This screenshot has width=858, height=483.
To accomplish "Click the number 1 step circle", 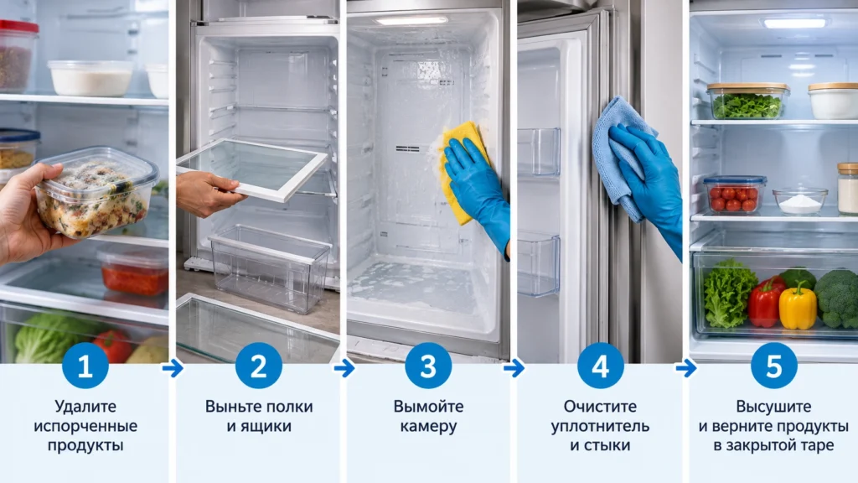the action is tap(85, 366).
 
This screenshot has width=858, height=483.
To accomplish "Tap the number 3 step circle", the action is tap(428, 366).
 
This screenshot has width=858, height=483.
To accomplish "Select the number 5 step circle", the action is tap(773, 366).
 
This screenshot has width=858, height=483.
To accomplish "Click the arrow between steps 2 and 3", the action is tap(344, 368).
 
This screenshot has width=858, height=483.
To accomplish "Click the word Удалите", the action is tap(85, 407).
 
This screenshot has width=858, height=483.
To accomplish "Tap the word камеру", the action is tap(428, 427).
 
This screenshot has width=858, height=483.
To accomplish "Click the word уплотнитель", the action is tap(600, 427).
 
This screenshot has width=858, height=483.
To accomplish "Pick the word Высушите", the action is tap(773, 407).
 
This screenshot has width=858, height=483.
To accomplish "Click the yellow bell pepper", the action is tap(798, 306).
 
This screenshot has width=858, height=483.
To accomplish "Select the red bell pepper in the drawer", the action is tap(764, 302).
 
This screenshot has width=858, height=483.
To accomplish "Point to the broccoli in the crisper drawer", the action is tap(837, 298).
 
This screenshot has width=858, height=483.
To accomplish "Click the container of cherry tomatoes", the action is tap(734, 195).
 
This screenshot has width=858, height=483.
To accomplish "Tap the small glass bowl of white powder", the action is tap(799, 200).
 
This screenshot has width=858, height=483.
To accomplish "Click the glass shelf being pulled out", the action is tap(253, 168).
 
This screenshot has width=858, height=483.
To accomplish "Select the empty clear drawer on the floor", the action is tap(270, 267).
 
